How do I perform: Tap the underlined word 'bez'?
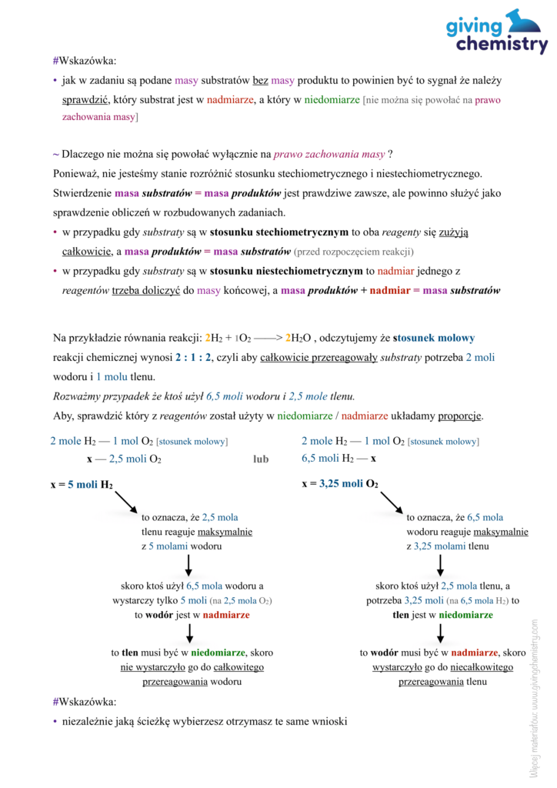click(261, 80)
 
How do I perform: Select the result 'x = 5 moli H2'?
click(82, 484)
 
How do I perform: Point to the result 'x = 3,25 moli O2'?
click(339, 484)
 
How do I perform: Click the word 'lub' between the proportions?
click(261, 459)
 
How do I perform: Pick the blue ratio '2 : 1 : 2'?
click(193, 357)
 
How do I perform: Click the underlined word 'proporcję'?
click(460, 416)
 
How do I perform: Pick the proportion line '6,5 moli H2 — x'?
click(339, 458)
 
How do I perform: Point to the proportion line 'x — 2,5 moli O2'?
click(124, 459)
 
